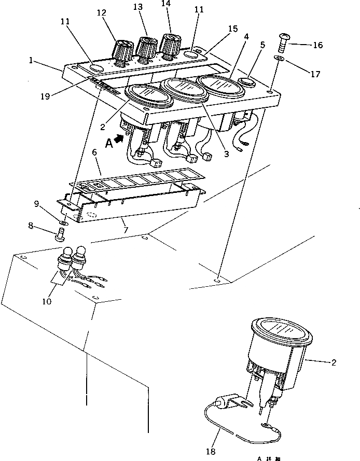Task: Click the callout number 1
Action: point(32,60)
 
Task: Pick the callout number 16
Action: point(317,45)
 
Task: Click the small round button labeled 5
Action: point(247,82)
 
